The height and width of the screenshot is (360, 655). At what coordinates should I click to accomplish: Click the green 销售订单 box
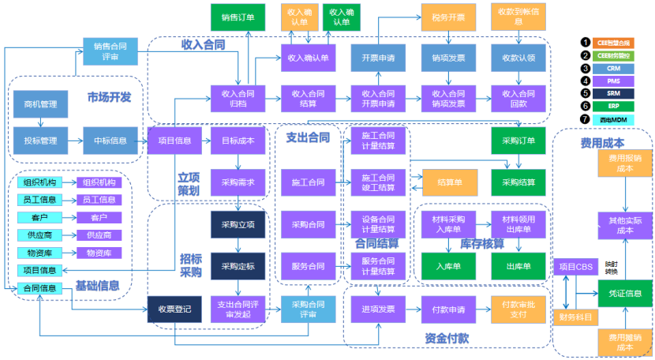[x=238, y=17]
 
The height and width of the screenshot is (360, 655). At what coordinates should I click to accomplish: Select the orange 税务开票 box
[x=447, y=17]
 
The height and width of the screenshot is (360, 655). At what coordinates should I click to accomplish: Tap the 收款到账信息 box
[x=518, y=17]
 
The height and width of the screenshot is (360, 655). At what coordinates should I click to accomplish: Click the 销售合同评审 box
[x=111, y=51]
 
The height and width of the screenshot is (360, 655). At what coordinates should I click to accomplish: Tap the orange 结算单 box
[x=449, y=182]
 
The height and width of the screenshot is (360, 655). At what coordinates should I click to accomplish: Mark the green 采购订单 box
[x=518, y=141]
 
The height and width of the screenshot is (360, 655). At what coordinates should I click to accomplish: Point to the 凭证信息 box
[x=625, y=292]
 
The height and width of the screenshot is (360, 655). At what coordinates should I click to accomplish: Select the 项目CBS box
[x=575, y=266]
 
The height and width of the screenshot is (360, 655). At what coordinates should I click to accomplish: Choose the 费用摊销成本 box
[x=625, y=343]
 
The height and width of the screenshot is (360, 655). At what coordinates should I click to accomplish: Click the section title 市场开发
[x=109, y=97]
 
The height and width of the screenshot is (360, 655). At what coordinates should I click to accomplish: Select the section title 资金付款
[x=446, y=337]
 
